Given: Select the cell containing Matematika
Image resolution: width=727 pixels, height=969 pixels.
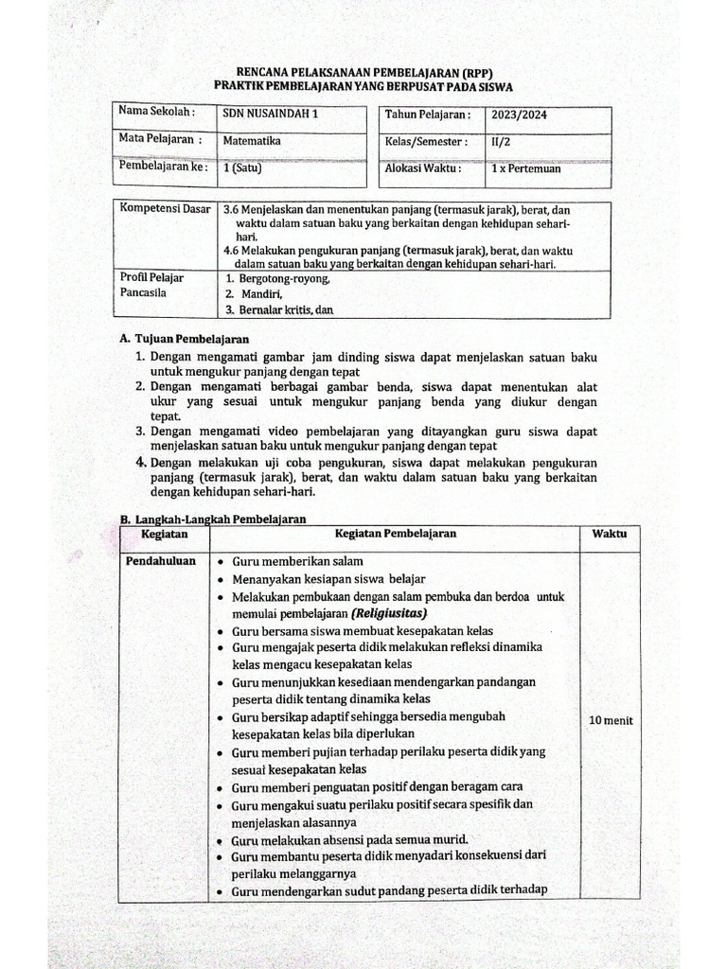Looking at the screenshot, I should pyautogui.click(x=251, y=141).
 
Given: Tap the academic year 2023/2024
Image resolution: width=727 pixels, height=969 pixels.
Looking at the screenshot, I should pyautogui.click(x=519, y=115).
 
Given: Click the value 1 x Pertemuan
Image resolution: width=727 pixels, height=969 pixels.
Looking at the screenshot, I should pyautogui.click(x=525, y=168).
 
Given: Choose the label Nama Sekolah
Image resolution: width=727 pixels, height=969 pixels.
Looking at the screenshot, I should pyautogui.click(x=156, y=112).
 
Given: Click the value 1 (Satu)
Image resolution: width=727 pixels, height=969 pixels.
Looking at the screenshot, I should pyautogui.click(x=241, y=168).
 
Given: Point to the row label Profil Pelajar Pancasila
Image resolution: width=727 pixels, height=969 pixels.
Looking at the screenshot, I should pyautogui.click(x=151, y=285).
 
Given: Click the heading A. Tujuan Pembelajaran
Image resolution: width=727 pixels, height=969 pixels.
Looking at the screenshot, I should pyautogui.click(x=185, y=339).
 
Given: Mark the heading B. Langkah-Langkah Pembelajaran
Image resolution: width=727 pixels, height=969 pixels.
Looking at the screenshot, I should pyautogui.click(x=211, y=519).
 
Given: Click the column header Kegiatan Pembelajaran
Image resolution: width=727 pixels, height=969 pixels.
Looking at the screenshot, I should pyautogui.click(x=396, y=534).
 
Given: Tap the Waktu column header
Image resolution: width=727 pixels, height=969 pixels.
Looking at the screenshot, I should pyautogui.click(x=610, y=534).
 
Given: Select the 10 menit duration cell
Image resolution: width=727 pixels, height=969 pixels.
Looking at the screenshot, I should pyautogui.click(x=611, y=720).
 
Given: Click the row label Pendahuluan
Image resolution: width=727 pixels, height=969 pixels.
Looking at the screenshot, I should pyautogui.click(x=161, y=561).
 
